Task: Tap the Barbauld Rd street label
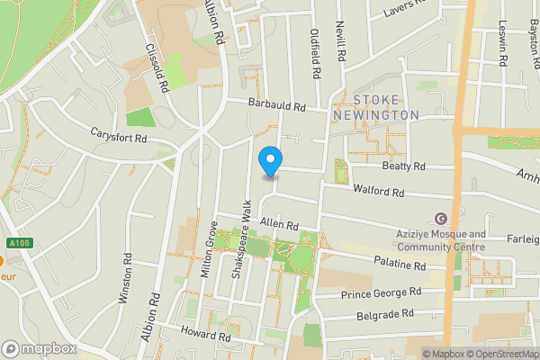tap(277, 106)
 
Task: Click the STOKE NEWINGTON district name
tap(375, 107)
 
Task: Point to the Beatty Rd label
tap(401, 166)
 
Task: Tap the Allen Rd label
tap(278, 223)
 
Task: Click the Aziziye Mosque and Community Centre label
tap(441, 240)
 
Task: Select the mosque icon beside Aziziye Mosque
tap(441, 219)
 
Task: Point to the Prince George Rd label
tap(382, 293)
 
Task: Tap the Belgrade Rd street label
tap(382, 313)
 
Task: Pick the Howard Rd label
tap(206, 336)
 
